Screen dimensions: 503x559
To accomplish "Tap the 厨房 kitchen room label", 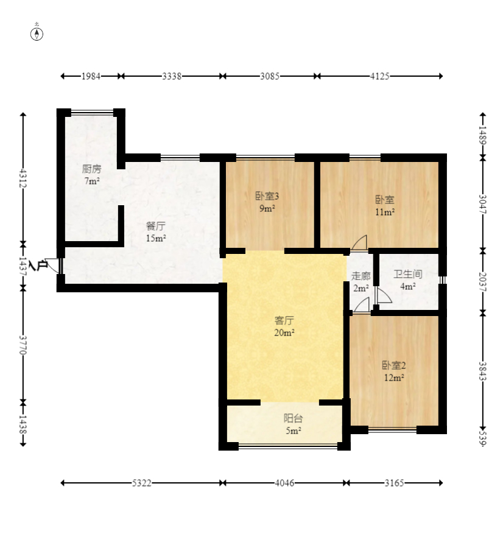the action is pos(91,169).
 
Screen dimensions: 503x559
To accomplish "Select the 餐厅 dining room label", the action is pos(156,226).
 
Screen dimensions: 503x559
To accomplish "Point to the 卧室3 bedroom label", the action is pos(267,196).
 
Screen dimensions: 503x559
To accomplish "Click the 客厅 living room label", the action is pos(284,320).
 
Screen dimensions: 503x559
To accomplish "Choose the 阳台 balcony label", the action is pos(293,418).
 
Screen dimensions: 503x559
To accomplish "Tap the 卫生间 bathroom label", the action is pos(408,274).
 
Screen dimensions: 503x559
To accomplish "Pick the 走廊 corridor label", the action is pos(361,276).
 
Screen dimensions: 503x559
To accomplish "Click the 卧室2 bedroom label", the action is pos(394,365).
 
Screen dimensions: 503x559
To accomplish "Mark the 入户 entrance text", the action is pos(38,265).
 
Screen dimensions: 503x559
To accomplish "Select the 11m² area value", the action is pos(385,212).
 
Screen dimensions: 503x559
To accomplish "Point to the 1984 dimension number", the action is pos(91,76).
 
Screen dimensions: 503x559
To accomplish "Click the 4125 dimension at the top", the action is pos(379,76).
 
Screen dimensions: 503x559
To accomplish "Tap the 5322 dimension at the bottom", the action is pos(141,483).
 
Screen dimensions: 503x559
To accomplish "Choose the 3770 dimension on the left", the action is pos(23,345).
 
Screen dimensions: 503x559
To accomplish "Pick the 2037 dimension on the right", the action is pos(483,282).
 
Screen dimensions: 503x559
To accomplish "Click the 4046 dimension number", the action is pos(284,483).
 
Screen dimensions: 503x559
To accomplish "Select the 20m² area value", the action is pos(284,332).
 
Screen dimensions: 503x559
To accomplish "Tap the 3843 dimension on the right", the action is pos(483,371).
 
